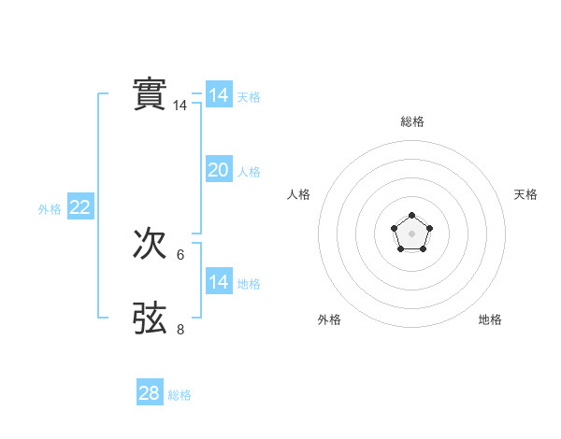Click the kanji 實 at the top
pos(151,94)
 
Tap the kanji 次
pos(151,244)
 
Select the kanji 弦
pos(151,318)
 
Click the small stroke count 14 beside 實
pos(180,106)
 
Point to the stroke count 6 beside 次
pos(180,255)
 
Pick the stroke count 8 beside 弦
pos(180,329)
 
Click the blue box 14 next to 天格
pos(219,95)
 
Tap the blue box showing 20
pos(219,170)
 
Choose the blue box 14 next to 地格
pos(219,282)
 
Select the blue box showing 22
pos(79,207)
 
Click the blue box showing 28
pos(150,393)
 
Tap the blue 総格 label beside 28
pos(180,395)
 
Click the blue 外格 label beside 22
pos(50,209)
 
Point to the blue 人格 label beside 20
pos(249,172)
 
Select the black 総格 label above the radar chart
pos(411,121)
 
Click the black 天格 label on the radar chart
pos(525,194)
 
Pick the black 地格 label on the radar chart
pos(490,319)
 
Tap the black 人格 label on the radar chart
pos(299,194)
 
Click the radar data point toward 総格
pos(411,216)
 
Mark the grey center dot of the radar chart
pos(411,234)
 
